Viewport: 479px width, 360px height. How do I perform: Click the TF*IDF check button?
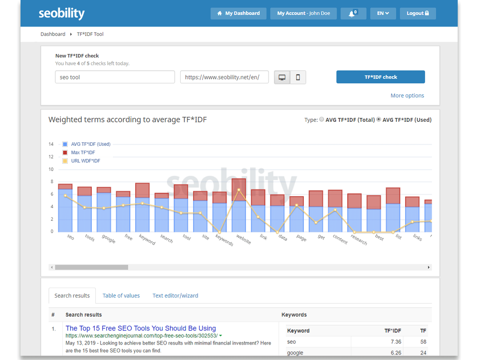click(x=380, y=77)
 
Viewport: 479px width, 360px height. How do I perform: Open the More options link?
click(x=407, y=95)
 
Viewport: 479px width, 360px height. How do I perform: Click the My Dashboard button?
click(x=239, y=13)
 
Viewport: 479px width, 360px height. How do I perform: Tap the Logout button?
click(x=418, y=13)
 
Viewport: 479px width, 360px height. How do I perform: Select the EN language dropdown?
click(x=383, y=13)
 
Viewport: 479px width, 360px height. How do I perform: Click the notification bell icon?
click(x=353, y=13)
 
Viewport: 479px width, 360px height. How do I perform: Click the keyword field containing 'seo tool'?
click(x=115, y=77)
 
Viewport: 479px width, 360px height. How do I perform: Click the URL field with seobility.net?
click(x=224, y=77)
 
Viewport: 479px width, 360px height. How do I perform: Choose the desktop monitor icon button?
click(x=282, y=77)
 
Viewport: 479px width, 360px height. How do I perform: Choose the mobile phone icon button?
click(x=298, y=77)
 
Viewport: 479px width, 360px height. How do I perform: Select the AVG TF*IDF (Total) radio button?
click(x=321, y=120)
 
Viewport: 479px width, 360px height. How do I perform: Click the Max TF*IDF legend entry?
click(x=83, y=152)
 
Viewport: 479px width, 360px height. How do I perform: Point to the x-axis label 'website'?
click(x=243, y=239)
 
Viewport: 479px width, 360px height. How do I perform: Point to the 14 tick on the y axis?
click(x=51, y=144)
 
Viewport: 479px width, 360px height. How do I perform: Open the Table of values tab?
click(x=121, y=296)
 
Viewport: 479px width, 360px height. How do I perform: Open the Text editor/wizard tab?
click(x=175, y=296)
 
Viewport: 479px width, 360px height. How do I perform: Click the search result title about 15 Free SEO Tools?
click(x=141, y=328)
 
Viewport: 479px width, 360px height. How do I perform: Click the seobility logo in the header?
click(x=61, y=13)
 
